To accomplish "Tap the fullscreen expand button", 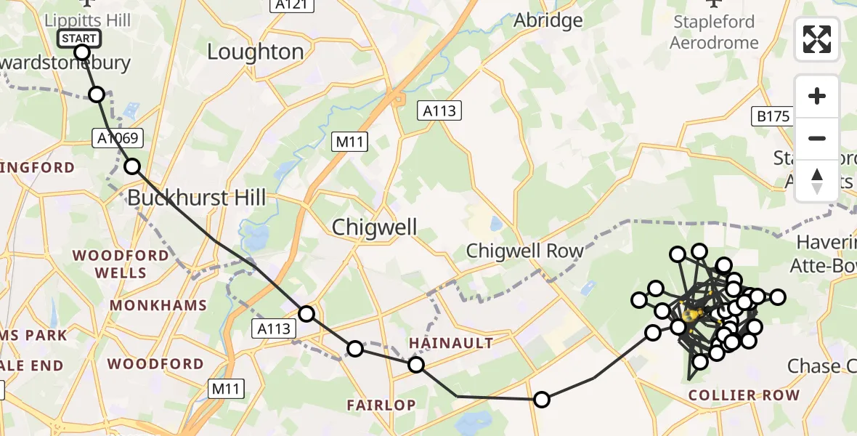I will click(817, 39).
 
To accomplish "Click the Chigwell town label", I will click(375, 227).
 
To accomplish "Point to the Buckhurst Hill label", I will click(198, 197).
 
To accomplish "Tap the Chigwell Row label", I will click(524, 251).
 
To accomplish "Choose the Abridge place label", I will click(548, 20).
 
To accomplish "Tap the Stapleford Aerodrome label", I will click(713, 32).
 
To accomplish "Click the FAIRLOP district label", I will click(381, 405).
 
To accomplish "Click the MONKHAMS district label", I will click(158, 305).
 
